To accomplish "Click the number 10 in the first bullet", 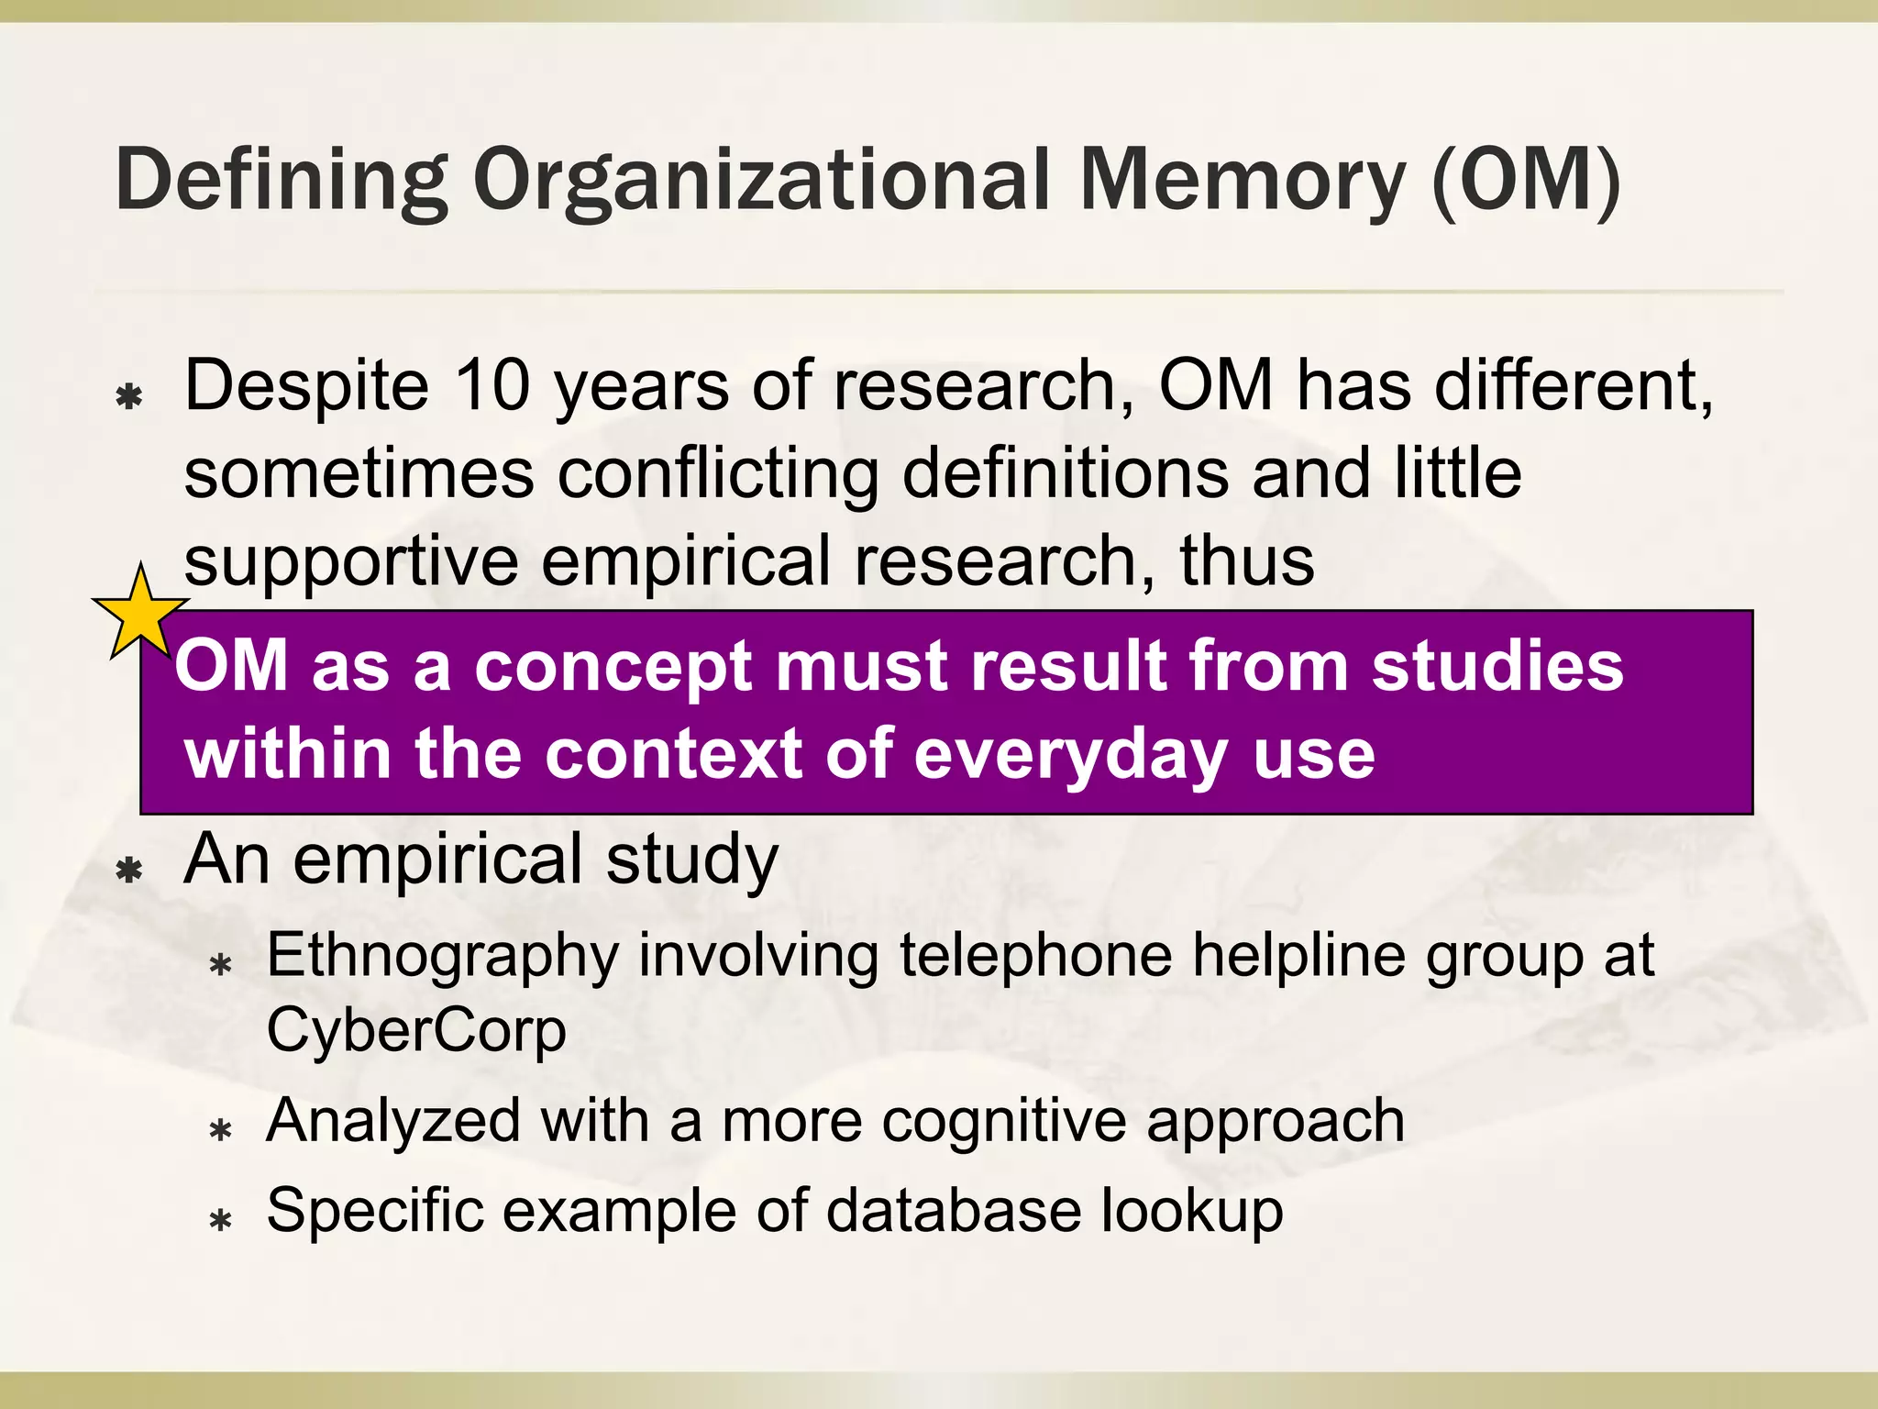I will [x=492, y=384].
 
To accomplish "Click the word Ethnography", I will [x=442, y=957].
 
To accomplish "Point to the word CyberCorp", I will [x=416, y=1030].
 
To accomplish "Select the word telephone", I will [x=1035, y=955].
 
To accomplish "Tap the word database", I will [x=954, y=1211].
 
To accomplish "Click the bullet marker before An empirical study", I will [x=130, y=869].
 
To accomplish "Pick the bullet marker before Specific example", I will [x=220, y=1220].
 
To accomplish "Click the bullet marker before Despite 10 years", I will [x=130, y=396].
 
